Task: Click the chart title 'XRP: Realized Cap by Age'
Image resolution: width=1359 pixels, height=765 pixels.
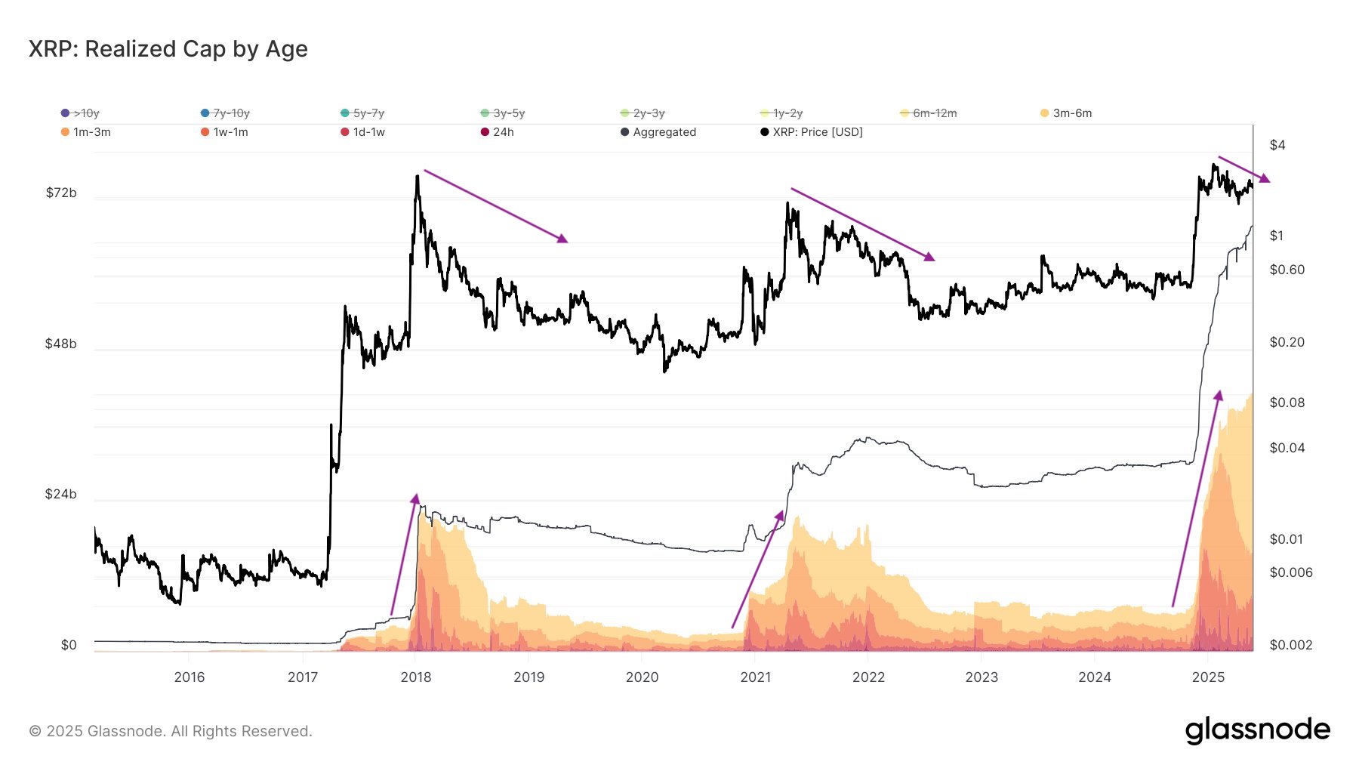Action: [168, 49]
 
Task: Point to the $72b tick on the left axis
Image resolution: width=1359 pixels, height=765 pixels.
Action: [61, 193]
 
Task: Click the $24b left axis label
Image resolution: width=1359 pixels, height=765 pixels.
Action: [61, 495]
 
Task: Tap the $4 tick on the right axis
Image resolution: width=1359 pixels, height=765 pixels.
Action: [1277, 145]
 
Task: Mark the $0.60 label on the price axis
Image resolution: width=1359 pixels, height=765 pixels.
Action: [1287, 270]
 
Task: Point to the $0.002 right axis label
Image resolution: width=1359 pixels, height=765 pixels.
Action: [1290, 645]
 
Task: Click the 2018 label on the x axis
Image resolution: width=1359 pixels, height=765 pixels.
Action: [416, 677]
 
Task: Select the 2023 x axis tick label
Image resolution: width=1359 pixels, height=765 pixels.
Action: [981, 677]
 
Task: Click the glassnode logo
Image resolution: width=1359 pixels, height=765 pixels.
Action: [1257, 730]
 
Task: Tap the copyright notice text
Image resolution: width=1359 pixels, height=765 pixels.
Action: [171, 731]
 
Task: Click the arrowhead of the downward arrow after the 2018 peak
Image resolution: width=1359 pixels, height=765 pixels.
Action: [563, 239]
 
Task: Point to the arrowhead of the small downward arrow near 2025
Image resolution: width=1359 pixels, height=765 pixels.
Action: [1266, 180]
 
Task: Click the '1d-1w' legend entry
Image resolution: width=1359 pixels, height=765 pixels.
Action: [368, 132]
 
